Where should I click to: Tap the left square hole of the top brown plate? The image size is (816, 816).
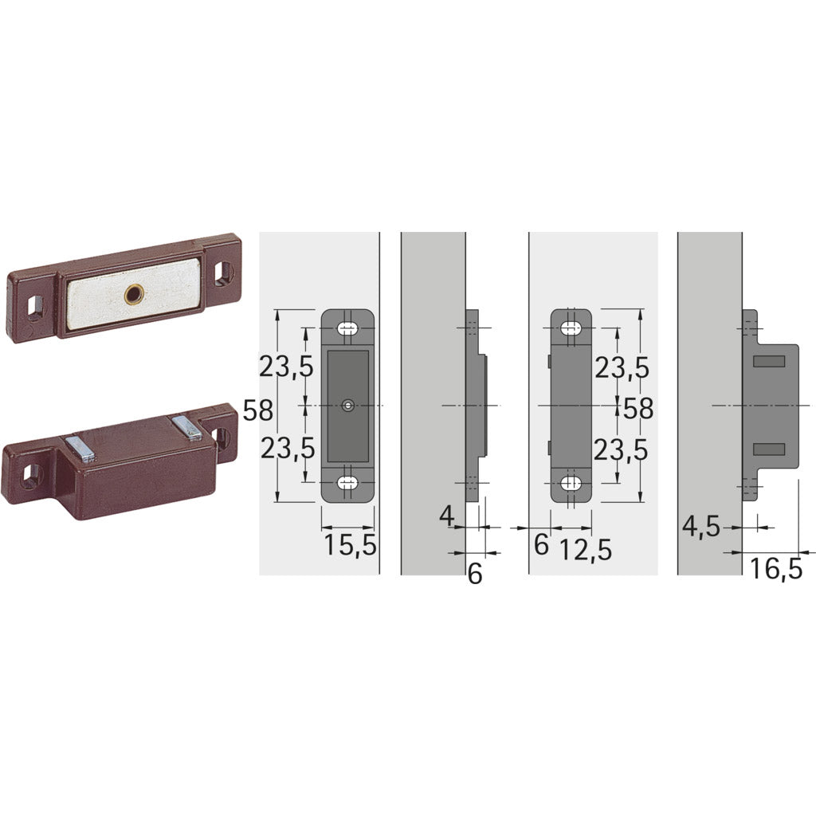point(33,304)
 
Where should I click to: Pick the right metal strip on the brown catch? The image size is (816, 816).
point(189,427)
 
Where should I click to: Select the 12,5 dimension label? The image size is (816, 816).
point(585,548)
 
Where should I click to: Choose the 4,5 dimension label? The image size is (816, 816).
point(702,527)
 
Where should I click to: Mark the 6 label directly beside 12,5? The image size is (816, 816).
point(541,546)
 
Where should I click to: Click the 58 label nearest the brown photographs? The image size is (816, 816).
point(258,410)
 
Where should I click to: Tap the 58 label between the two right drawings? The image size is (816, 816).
point(637,409)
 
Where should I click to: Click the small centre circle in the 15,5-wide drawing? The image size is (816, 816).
point(347,406)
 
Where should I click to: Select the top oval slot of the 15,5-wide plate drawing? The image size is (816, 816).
point(347,328)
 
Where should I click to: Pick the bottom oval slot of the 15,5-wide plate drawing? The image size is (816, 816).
point(347,482)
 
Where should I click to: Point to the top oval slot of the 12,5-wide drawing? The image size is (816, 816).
point(571,328)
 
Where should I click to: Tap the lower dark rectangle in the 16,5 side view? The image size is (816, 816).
point(769,448)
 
